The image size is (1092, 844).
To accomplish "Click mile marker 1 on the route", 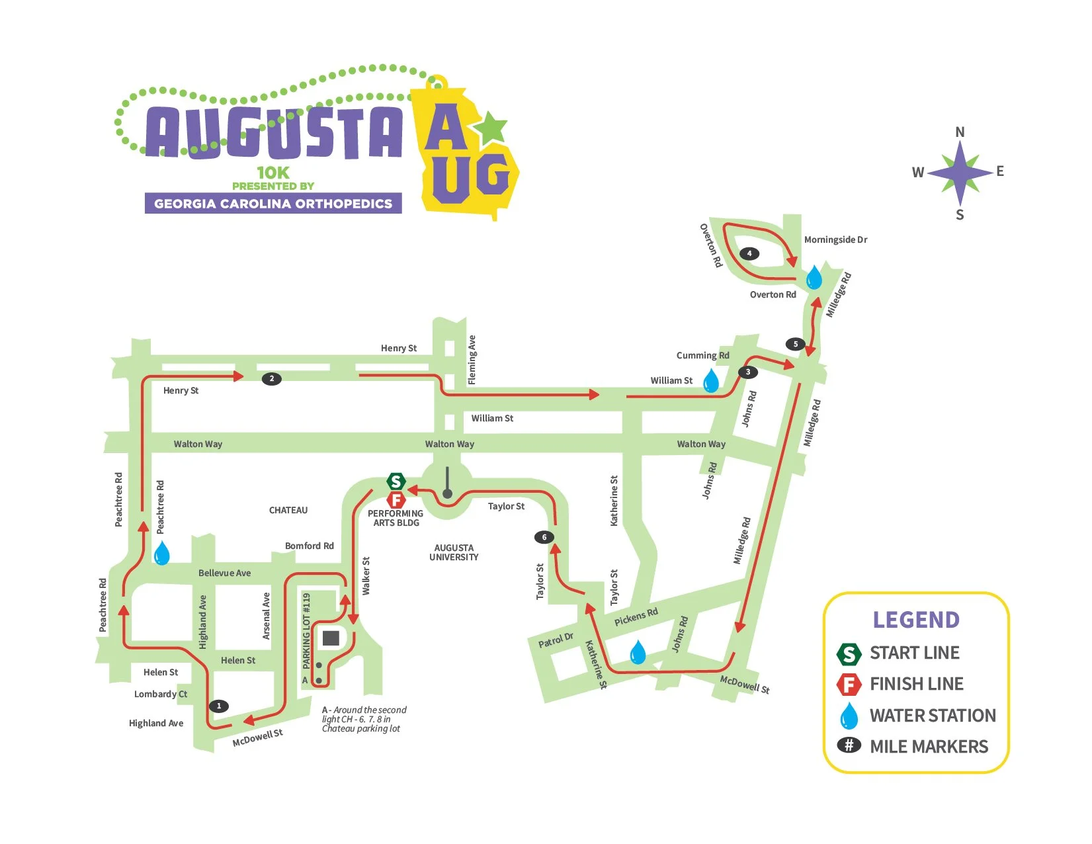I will tap(219, 706).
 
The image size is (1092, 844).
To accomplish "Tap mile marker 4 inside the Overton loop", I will tap(749, 253).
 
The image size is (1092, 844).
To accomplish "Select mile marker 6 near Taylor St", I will tap(544, 537).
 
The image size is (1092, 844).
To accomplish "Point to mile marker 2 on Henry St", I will tap(271, 379).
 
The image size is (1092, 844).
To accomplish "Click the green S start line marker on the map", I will tap(396, 482).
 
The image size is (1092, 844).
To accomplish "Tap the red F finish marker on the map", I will tap(396, 500).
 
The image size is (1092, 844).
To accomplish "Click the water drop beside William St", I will tap(711, 381).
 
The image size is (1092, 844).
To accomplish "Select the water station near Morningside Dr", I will tap(814, 277).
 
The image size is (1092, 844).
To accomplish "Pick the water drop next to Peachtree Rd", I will tap(161, 553).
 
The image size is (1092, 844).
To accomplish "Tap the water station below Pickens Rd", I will tap(638, 652).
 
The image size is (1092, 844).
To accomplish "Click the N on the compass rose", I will tap(960, 132).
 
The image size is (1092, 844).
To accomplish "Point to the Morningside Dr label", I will tap(835, 239).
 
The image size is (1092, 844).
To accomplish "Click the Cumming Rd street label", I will tap(702, 355).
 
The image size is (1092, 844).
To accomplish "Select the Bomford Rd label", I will tap(309, 546).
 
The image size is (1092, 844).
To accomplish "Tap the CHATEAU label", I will tap(288, 510).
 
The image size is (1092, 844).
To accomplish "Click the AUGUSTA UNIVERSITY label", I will tap(454, 552).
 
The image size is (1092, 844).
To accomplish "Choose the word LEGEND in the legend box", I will tap(916, 620).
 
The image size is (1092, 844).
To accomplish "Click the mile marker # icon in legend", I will tap(849, 745).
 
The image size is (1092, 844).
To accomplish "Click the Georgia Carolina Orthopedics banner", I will tap(273, 204).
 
